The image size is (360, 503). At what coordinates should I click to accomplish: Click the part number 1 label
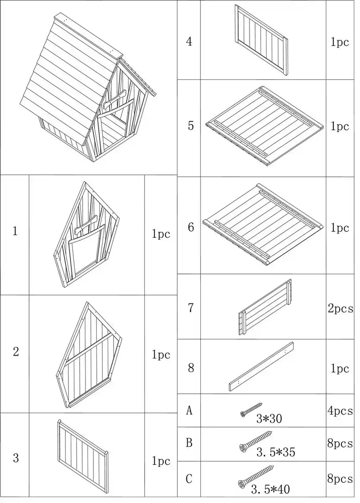pyautogui.click(x=15, y=231)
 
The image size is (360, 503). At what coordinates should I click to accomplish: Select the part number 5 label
pyautogui.click(x=191, y=126)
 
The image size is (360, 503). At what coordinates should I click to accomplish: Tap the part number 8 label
pyautogui.click(x=191, y=368)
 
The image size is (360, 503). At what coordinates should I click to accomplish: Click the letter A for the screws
pyautogui.click(x=189, y=411)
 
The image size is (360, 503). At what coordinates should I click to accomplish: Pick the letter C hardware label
pyautogui.click(x=189, y=478)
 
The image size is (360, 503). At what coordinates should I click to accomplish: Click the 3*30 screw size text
pyautogui.click(x=269, y=418)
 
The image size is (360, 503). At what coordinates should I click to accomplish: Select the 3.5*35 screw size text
pyautogui.click(x=276, y=452)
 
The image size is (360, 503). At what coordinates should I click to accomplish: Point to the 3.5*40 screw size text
pyautogui.click(x=270, y=488)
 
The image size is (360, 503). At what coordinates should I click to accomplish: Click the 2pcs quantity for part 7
pyautogui.click(x=340, y=309)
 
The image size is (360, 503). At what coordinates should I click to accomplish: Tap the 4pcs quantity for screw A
pyautogui.click(x=340, y=411)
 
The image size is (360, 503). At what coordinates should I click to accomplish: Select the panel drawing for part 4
pyautogui.click(x=262, y=40)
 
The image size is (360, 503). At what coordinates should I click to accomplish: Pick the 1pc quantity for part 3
pyautogui.click(x=161, y=461)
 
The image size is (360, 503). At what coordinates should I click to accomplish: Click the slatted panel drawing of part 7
pyautogui.click(x=265, y=308)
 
